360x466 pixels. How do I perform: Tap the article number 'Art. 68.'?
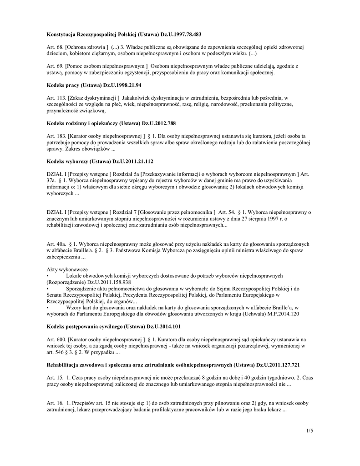[56, 47]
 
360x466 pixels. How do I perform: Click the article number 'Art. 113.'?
[57, 97]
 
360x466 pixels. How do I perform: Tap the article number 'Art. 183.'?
[57, 136]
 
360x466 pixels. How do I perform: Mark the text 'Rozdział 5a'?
[126, 174]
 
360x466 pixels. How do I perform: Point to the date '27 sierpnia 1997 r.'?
[264, 218]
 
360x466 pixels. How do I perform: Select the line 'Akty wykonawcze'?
[67, 269]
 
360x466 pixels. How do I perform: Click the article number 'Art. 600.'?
[57, 339]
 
